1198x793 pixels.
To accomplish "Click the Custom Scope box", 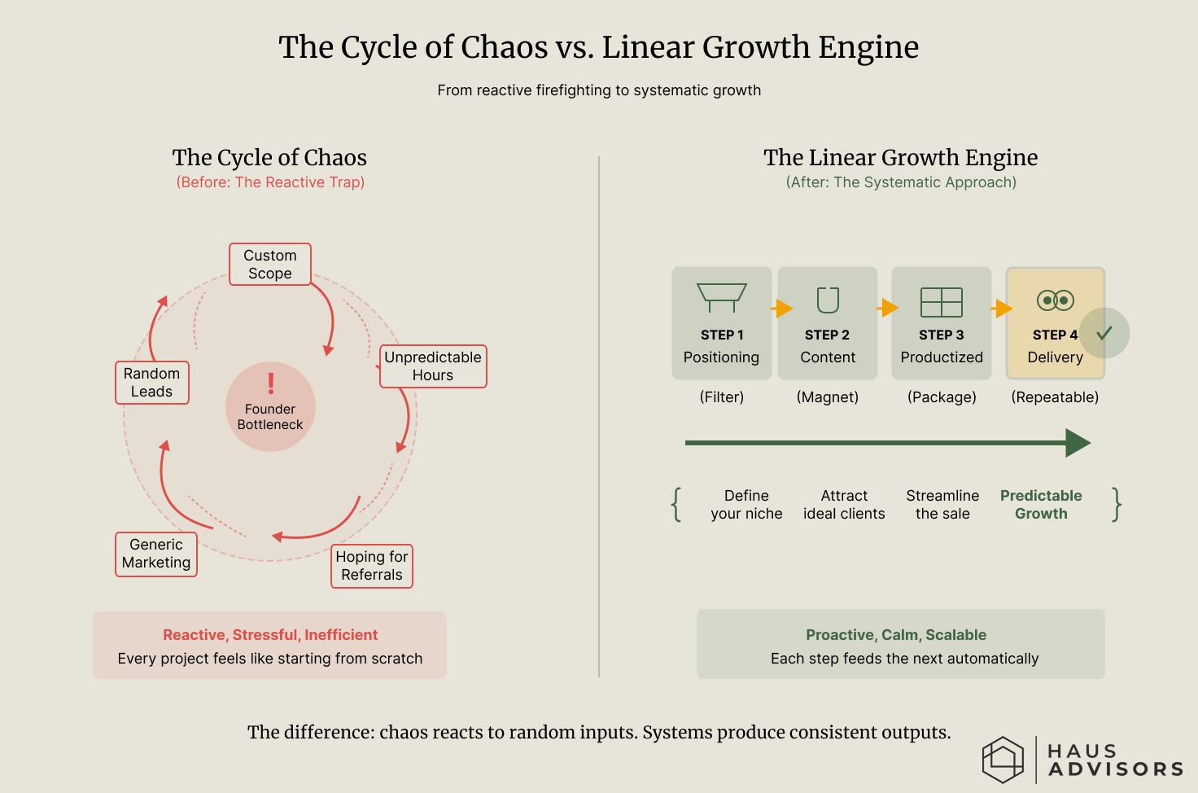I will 270,265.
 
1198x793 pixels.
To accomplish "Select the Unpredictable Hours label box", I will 433,366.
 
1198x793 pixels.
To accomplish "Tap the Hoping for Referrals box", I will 372,566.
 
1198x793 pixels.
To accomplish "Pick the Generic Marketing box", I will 156,554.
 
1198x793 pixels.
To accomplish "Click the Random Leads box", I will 152,383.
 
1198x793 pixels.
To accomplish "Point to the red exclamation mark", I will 271,383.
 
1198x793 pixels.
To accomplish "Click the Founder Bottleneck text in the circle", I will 270,417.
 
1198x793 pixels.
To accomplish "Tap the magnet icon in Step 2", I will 828,300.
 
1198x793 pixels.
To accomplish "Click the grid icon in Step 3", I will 942,302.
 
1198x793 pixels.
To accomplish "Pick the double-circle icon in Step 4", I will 1056,300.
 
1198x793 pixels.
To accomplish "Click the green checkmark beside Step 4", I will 1104,333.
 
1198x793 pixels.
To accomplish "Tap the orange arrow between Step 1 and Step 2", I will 783,309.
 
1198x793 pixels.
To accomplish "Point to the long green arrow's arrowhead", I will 1078,443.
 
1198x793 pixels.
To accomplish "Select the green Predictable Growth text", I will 1041,505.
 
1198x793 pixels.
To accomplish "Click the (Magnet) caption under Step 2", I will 828,397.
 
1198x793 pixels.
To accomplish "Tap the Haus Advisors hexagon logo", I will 1003,760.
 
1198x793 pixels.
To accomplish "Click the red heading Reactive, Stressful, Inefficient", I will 270,635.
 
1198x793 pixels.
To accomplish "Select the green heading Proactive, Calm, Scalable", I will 896,635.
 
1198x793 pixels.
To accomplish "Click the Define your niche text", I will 746,505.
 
